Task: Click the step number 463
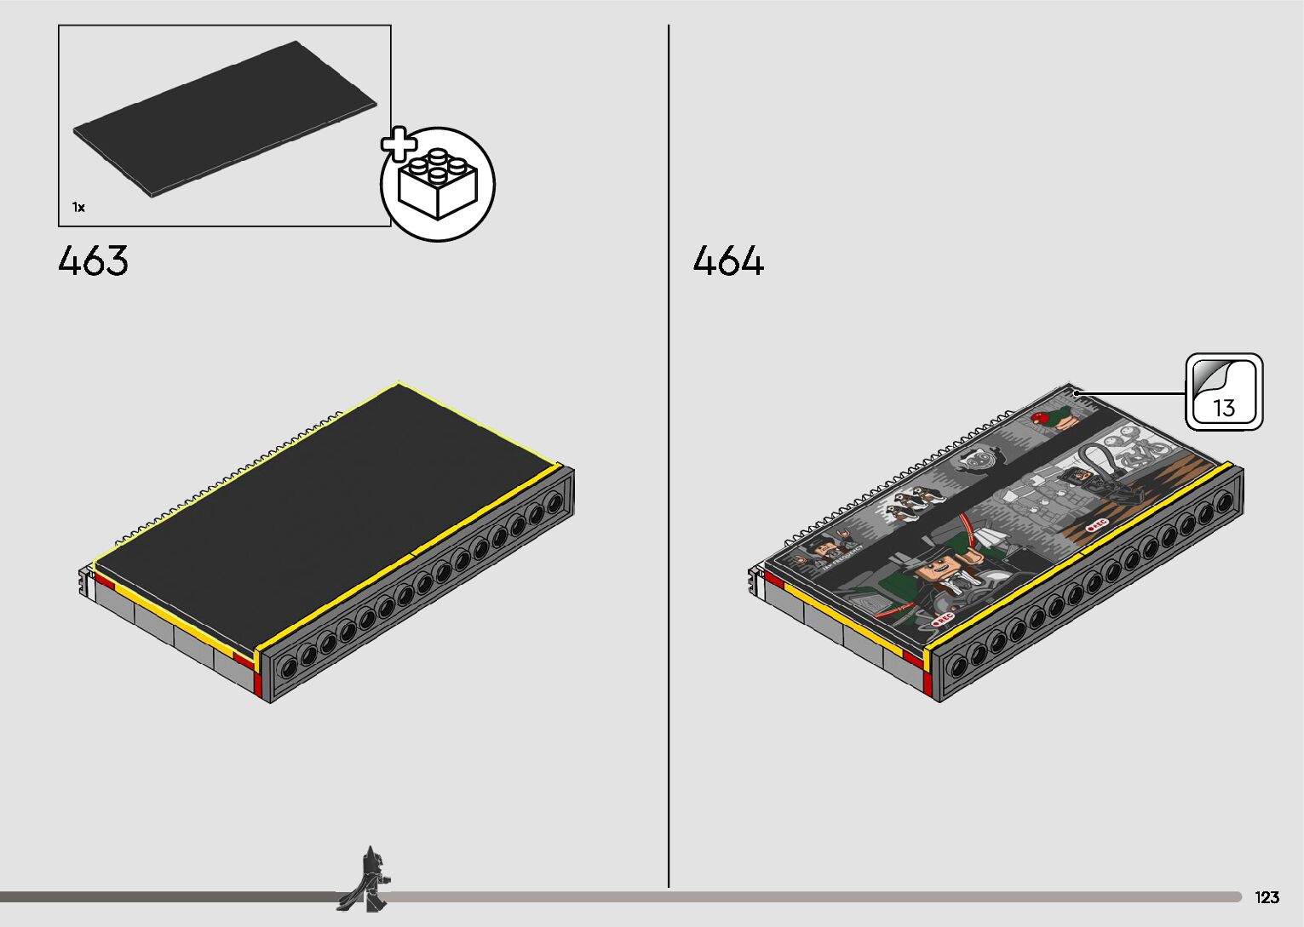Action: (94, 260)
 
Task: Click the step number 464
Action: (728, 260)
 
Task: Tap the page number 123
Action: (1267, 898)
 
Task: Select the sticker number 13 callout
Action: (1224, 392)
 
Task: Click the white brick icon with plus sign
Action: (438, 185)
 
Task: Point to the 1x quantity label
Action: (78, 207)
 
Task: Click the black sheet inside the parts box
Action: (225, 119)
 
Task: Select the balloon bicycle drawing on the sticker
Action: (1137, 449)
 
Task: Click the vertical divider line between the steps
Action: (669, 460)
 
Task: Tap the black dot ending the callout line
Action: (1077, 394)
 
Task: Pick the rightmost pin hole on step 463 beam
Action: (554, 503)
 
